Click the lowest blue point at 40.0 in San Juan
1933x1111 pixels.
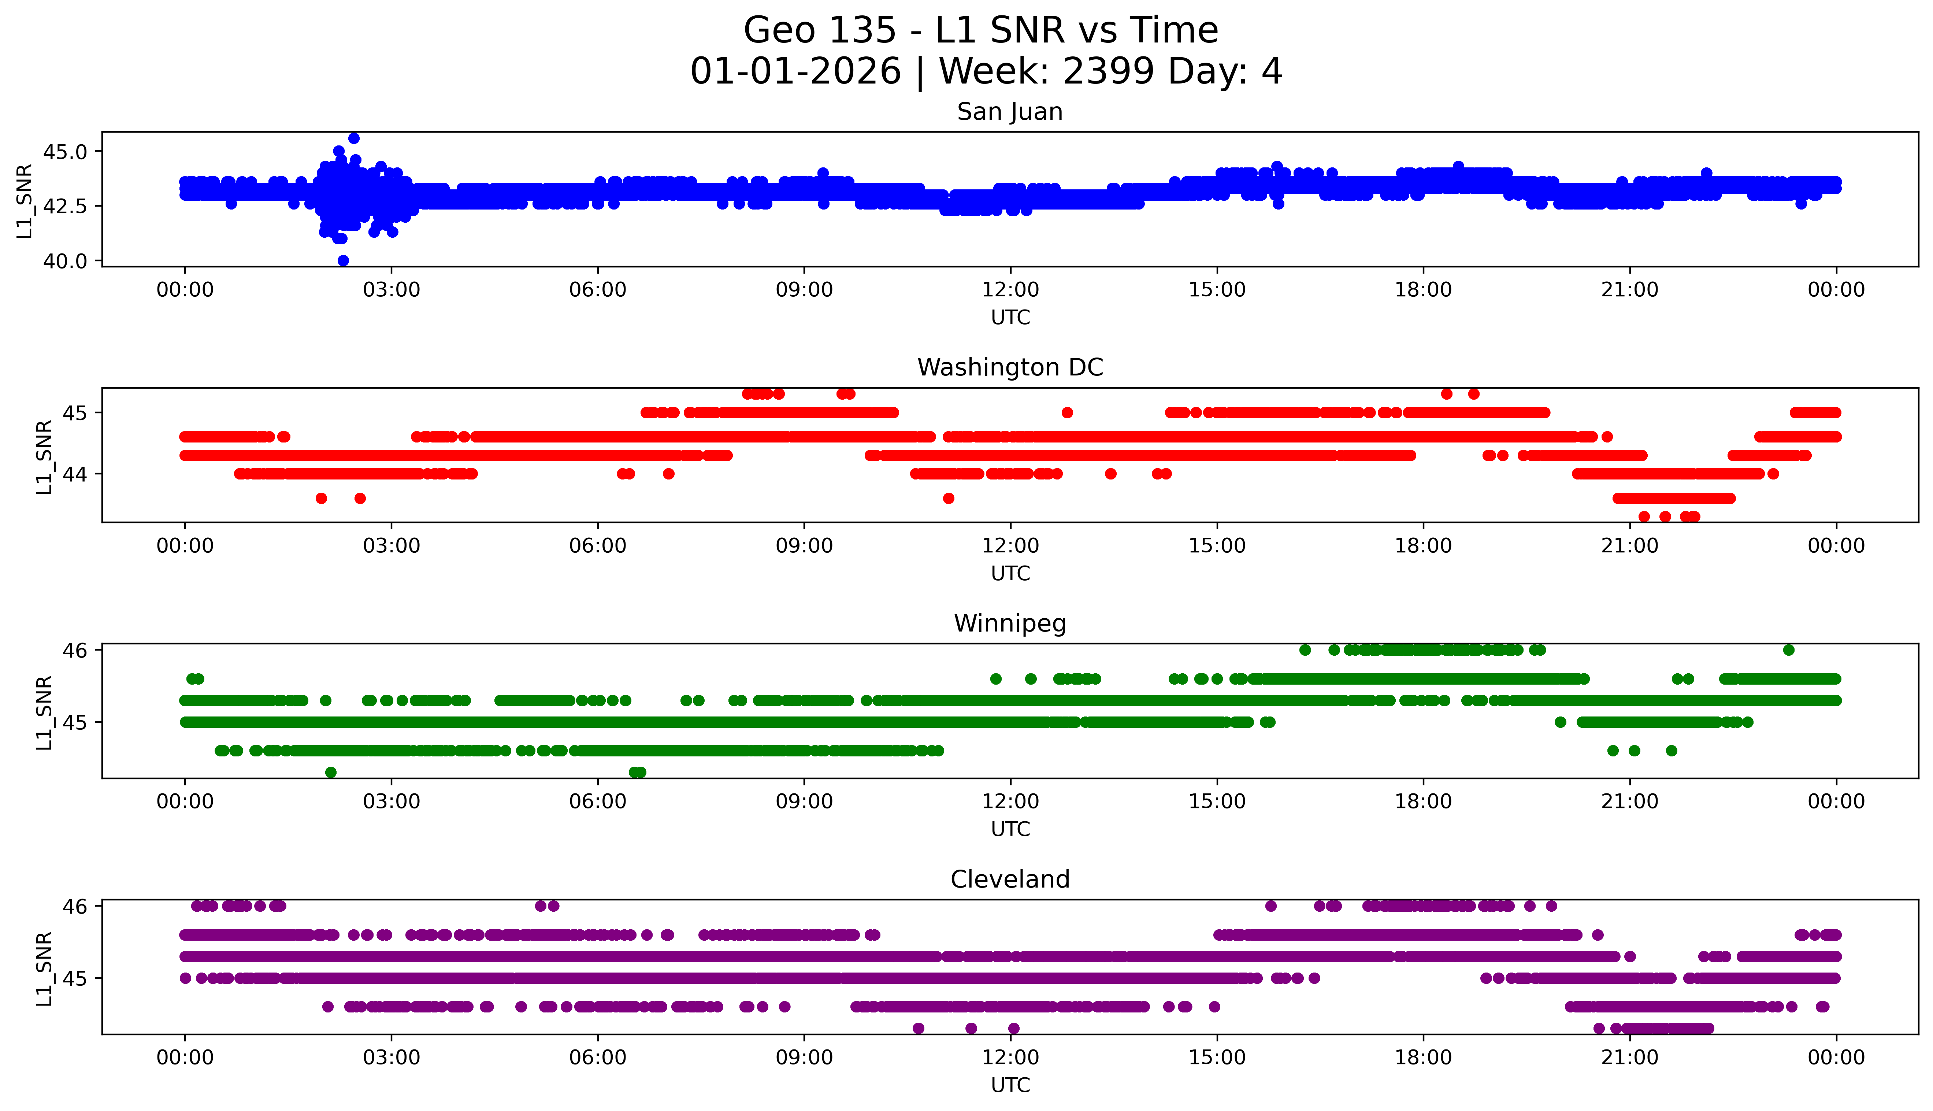point(343,260)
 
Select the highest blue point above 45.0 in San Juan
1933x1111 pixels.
point(354,138)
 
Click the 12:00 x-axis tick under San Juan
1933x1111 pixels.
point(1010,290)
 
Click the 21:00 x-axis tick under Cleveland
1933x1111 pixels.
point(1629,1058)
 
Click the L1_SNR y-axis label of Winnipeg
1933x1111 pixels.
point(44,713)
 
